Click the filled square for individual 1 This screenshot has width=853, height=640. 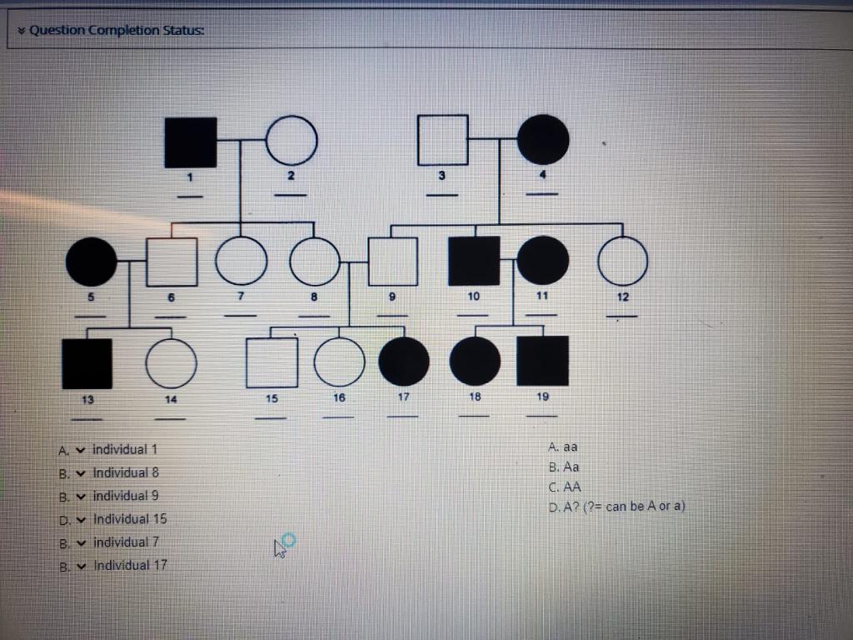pyautogui.click(x=191, y=142)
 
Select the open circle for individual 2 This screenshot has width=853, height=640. pyautogui.click(x=292, y=140)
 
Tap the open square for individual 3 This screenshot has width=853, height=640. pyautogui.click(x=442, y=139)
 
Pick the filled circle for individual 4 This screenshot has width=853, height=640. pyautogui.click(x=543, y=139)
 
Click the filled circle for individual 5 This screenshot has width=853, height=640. pyautogui.click(x=92, y=262)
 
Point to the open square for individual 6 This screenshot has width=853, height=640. pyautogui.click(x=172, y=262)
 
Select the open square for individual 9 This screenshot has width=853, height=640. pyautogui.click(x=392, y=262)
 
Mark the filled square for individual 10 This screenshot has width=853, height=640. pyautogui.click(x=474, y=262)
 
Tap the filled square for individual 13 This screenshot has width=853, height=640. pyautogui.click(x=87, y=363)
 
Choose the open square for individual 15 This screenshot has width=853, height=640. pyautogui.click(x=272, y=363)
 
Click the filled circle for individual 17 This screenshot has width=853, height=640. pyautogui.click(x=404, y=363)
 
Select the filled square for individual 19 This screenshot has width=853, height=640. pyautogui.click(x=542, y=362)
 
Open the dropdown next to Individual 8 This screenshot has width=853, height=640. pyautogui.click(x=80, y=472)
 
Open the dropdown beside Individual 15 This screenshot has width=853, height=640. pyautogui.click(x=80, y=519)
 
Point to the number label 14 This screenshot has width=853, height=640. pyautogui.click(x=171, y=399)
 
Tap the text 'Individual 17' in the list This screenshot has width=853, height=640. pyautogui.click(x=130, y=565)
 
